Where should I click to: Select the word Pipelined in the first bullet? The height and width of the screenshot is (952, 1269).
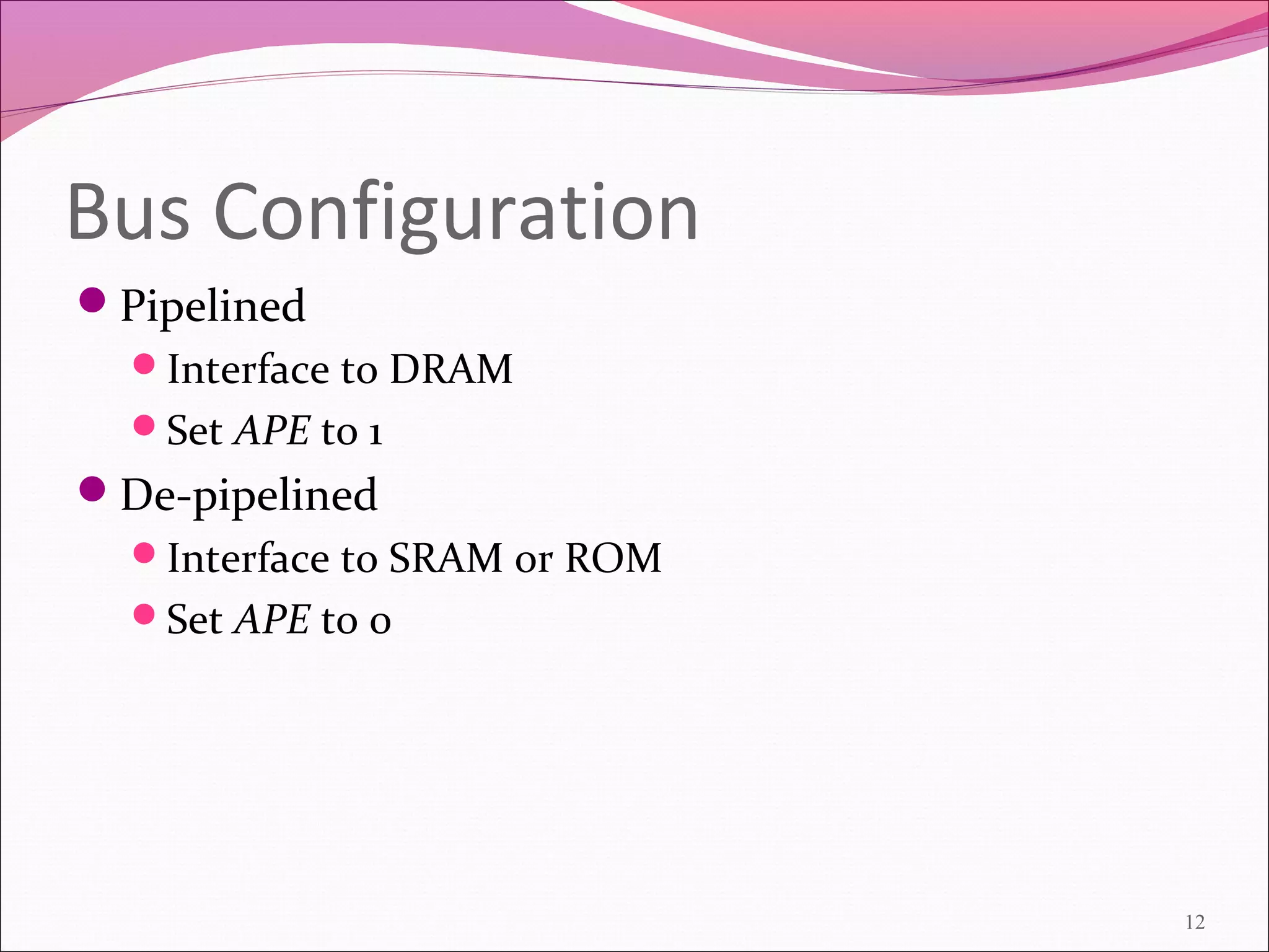pyautogui.click(x=213, y=306)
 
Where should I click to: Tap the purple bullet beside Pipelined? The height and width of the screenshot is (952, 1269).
pyautogui.click(x=93, y=301)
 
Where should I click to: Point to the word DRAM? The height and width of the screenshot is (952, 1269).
pyautogui.click(x=451, y=369)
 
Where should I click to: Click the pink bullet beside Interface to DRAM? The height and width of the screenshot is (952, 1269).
pyautogui.click(x=144, y=364)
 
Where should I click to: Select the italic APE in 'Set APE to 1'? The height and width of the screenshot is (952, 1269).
pyautogui.click(x=272, y=431)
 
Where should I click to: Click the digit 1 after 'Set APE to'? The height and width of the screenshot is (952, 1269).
pyautogui.click(x=374, y=433)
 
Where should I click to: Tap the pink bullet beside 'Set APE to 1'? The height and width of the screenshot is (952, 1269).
pyautogui.click(x=144, y=426)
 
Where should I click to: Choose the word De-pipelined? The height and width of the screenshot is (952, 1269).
pyautogui.click(x=248, y=496)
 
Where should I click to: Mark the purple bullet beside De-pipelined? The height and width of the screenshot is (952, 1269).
pyautogui.click(x=93, y=489)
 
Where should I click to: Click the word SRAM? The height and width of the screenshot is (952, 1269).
pyautogui.click(x=445, y=558)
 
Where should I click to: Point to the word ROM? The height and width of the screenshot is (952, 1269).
pyautogui.click(x=613, y=558)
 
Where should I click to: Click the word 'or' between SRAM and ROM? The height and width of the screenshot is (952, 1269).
pyautogui.click(x=534, y=561)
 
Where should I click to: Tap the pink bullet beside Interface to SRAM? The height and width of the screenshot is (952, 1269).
pyautogui.click(x=144, y=552)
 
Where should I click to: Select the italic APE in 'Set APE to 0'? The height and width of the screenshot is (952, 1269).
pyautogui.click(x=272, y=619)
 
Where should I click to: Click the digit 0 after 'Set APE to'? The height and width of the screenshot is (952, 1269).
pyautogui.click(x=380, y=622)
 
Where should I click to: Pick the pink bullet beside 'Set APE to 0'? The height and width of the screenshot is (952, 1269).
pyautogui.click(x=144, y=614)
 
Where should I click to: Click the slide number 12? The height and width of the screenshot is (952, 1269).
pyautogui.click(x=1195, y=922)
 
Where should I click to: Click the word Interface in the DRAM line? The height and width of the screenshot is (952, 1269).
pyautogui.click(x=248, y=369)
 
